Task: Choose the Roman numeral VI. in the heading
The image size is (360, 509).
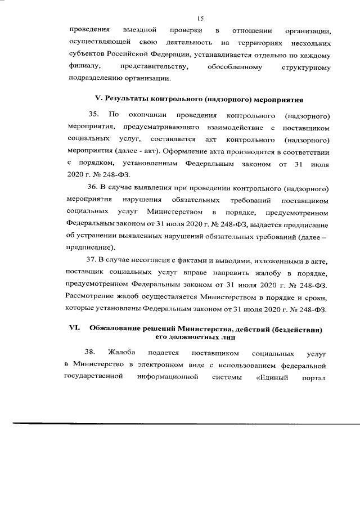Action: pos(74,328)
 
